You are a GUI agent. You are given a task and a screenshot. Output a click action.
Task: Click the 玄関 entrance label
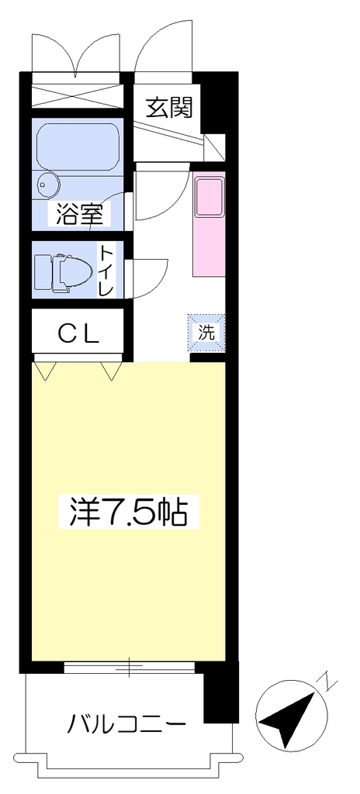pyautogui.click(x=170, y=108)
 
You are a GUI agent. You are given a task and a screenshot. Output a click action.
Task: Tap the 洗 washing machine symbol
pyautogui.click(x=206, y=332)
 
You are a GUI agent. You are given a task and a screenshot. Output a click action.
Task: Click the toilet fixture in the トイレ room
pyautogui.click(x=63, y=272)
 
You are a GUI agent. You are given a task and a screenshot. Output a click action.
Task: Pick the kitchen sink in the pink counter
pyautogui.click(x=209, y=197)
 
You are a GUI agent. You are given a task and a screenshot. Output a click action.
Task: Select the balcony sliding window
pyautogui.click(x=129, y=668)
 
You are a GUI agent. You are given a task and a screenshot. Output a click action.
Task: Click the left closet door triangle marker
pyautogui.click(x=46, y=371)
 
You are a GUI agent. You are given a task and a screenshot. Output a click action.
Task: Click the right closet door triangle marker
pyautogui.click(x=112, y=371)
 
